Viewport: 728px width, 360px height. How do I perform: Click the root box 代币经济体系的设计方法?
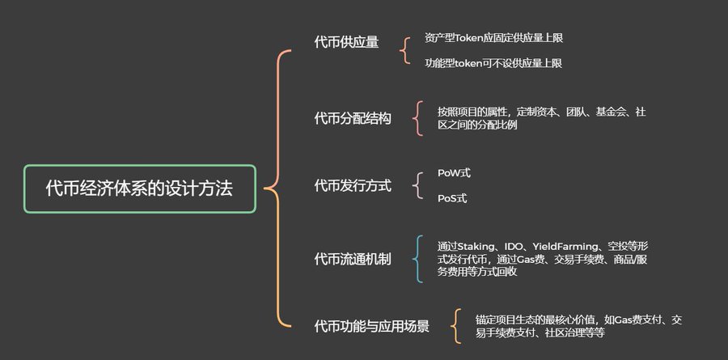point(139,188)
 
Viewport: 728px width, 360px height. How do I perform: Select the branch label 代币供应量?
point(346,43)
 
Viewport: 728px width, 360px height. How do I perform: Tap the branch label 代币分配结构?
point(353,119)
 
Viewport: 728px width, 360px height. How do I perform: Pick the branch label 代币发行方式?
point(353,186)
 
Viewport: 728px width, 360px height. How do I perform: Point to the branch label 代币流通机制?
point(353,259)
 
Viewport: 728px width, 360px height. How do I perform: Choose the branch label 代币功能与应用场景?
point(371,326)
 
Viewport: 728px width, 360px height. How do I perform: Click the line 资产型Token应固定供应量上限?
point(493,38)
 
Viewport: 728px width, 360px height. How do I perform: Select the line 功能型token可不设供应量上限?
point(493,62)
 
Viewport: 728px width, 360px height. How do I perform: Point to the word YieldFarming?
point(566,245)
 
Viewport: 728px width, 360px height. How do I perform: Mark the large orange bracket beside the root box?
point(276,188)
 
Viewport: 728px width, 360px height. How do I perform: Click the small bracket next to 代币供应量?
point(405,50)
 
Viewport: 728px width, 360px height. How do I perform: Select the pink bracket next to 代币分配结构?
point(417,118)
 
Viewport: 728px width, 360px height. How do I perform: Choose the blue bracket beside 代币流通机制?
point(417,259)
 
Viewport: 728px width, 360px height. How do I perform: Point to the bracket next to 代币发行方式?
point(417,185)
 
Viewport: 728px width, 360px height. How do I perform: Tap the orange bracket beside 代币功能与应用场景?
point(457,326)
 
